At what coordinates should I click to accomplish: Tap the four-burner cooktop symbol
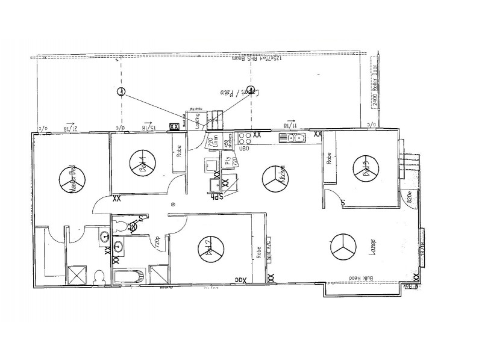244,138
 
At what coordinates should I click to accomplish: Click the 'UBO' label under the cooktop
245,148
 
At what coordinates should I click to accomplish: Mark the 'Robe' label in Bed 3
330,158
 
